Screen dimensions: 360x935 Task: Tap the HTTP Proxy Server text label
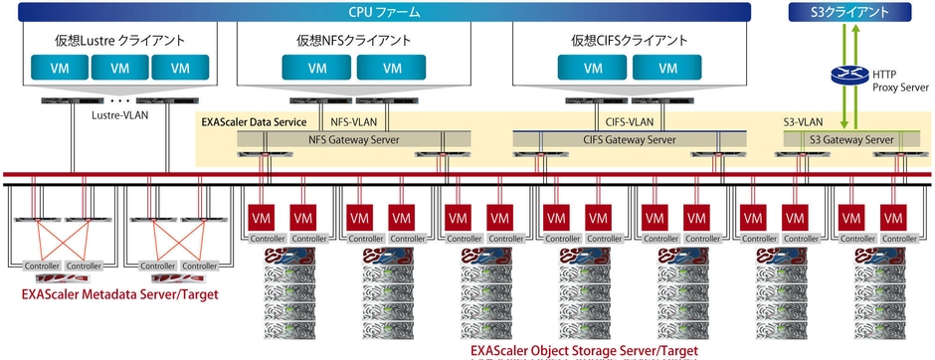click(x=899, y=81)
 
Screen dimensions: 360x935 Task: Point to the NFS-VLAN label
click(x=350, y=121)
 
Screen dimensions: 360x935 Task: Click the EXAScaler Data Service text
click(x=254, y=121)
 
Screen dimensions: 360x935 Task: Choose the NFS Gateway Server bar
click(x=352, y=140)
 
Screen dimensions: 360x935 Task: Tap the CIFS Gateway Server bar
click(x=629, y=140)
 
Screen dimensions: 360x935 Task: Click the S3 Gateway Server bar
click(x=850, y=140)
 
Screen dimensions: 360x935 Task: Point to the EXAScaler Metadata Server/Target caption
click(x=119, y=294)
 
